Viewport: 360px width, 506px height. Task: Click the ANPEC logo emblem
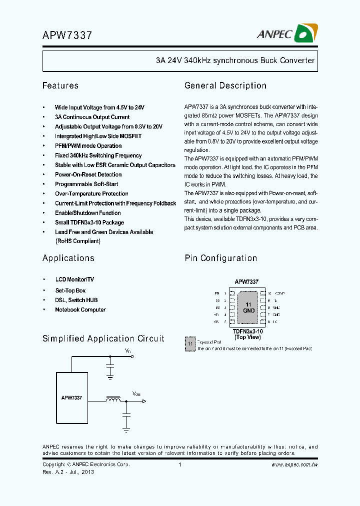point(305,33)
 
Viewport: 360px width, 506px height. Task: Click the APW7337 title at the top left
point(67,35)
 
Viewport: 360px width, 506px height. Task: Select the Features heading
point(60,85)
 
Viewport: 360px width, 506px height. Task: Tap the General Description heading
point(225,85)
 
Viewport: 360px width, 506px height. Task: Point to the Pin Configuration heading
point(221,258)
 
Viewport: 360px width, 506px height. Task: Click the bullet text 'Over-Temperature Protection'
point(91,193)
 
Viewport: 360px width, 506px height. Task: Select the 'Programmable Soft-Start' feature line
point(86,184)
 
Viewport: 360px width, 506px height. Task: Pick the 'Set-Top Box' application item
point(70,290)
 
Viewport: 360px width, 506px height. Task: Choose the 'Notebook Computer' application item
point(80,309)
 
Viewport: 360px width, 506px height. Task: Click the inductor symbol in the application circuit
point(113,399)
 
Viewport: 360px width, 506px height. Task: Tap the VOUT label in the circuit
point(136,394)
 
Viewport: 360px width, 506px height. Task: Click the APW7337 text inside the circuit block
point(71,397)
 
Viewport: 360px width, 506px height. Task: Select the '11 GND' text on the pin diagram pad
point(248,307)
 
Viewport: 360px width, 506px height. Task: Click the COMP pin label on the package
point(279,293)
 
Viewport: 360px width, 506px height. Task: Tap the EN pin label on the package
point(217,293)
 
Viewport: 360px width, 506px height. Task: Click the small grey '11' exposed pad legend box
point(190,344)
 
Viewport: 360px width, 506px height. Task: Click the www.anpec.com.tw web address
point(294,465)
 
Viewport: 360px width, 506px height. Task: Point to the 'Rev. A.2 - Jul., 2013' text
point(68,472)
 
